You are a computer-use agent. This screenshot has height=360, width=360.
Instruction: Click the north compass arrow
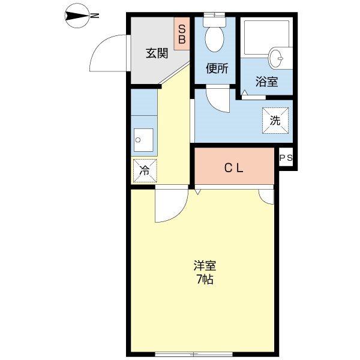77,17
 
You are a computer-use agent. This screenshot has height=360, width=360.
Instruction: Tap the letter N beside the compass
94,17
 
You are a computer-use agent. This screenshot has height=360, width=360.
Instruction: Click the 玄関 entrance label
157,53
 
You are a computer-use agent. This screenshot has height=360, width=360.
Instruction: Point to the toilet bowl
214,40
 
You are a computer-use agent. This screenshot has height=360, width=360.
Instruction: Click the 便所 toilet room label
217,68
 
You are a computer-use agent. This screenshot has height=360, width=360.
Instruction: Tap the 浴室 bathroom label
267,82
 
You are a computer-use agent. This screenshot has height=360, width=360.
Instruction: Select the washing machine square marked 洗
275,120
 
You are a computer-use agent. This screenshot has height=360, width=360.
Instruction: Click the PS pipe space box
286,158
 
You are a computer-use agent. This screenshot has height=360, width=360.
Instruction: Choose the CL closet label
234,168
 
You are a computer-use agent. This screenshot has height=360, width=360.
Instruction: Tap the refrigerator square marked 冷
144,170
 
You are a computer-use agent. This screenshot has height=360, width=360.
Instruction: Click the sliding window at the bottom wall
194,352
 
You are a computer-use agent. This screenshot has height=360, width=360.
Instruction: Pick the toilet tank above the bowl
214,20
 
